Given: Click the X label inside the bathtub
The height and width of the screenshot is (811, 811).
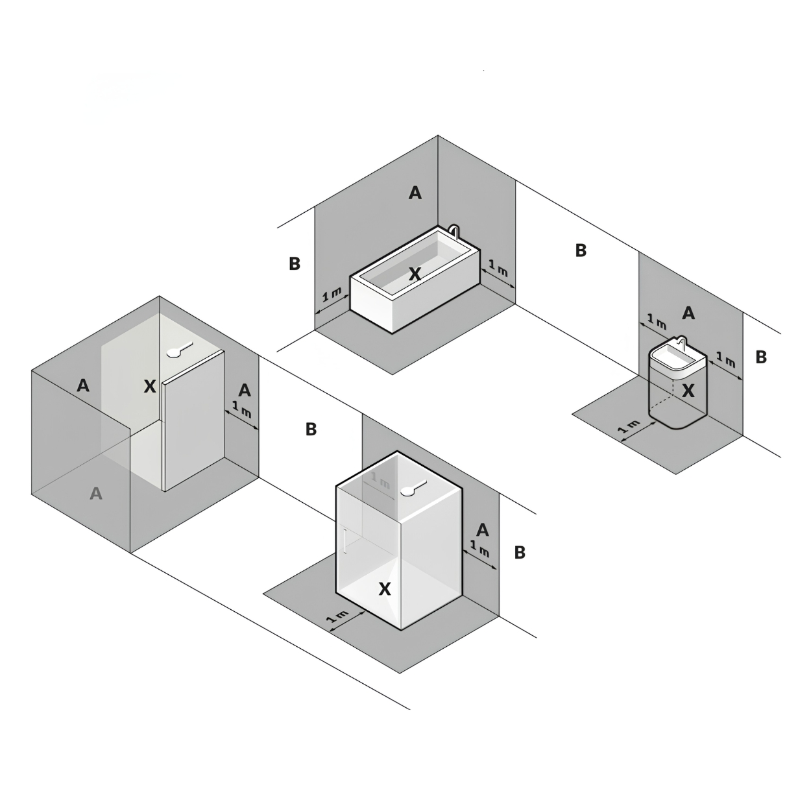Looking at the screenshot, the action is tap(415, 274).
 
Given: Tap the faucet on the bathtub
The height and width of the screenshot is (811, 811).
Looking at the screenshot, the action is tap(454, 230).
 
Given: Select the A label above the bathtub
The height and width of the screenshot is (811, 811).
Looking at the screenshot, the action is tap(415, 193).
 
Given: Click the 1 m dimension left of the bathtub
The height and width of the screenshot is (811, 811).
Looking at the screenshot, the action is tap(332, 295).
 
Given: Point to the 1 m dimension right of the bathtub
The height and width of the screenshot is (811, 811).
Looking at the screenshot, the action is tap(498, 269).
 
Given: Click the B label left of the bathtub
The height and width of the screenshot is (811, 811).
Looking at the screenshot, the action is tap(295, 263).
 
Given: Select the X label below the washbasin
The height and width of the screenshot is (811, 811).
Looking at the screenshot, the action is tap(688, 391).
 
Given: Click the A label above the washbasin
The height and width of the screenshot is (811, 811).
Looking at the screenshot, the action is tap(688, 313).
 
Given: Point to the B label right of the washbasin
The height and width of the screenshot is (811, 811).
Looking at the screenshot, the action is tap(761, 357).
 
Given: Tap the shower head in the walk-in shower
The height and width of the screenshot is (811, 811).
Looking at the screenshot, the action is tap(180, 349).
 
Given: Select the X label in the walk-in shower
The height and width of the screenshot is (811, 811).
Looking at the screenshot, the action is tap(150, 386).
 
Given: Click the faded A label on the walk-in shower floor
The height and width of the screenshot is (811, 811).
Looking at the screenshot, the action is tap(96, 493).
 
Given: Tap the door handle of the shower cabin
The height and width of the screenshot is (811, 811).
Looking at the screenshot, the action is tap(345, 542).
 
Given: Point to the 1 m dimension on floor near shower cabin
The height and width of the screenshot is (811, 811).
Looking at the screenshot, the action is tap(338, 617).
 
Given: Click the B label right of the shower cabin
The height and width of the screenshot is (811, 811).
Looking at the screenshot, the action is tap(520, 552).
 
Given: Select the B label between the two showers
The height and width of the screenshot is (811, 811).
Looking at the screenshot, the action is tap(311, 430).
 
